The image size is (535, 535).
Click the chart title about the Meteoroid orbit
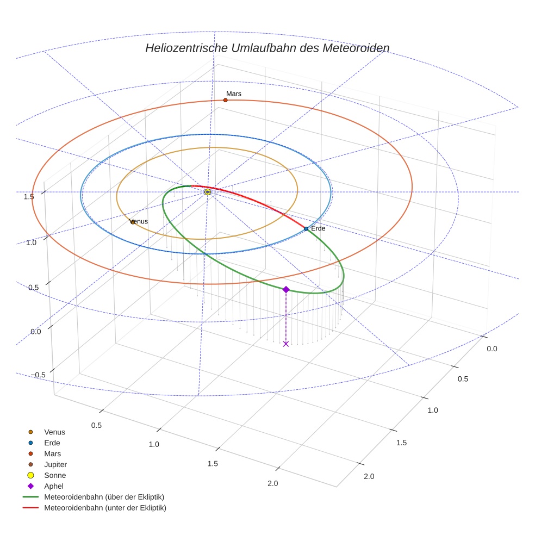click(x=267, y=48)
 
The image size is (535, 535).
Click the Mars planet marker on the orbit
click(x=226, y=100)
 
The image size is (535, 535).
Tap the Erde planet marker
click(x=306, y=229)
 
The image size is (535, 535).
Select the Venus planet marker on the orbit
click(x=132, y=222)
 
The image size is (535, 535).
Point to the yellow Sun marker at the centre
click(x=208, y=192)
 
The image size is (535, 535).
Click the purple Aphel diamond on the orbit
click(x=286, y=289)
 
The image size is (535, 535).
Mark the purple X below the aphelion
click(x=286, y=344)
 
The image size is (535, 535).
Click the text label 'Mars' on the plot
click(x=234, y=94)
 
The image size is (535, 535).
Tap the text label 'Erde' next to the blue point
click(x=318, y=228)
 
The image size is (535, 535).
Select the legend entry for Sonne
click(x=55, y=475)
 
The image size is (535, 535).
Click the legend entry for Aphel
click(x=53, y=486)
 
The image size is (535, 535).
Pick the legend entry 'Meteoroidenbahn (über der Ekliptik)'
click(x=104, y=497)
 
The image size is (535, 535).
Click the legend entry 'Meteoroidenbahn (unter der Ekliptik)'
click(x=105, y=508)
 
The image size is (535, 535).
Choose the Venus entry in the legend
click(x=54, y=432)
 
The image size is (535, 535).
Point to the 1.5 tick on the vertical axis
click(x=29, y=196)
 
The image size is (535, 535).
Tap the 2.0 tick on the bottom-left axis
click(x=272, y=483)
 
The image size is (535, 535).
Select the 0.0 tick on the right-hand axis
click(x=492, y=349)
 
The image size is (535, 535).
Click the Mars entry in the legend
click(x=52, y=453)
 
